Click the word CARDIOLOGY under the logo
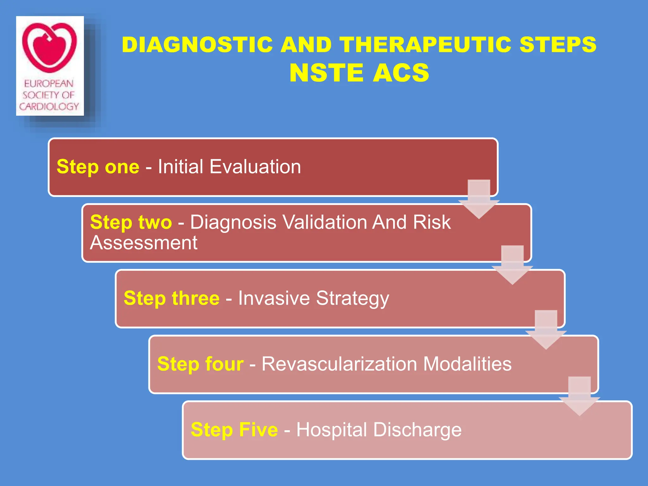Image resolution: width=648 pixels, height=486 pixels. [49, 106]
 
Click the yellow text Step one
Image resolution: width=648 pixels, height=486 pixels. [98, 167]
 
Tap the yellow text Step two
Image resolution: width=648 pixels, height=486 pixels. [131, 222]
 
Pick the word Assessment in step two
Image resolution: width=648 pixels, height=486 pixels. [144, 243]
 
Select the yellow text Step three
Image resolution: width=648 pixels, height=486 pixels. [171, 298]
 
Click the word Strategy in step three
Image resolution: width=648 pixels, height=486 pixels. [352, 299]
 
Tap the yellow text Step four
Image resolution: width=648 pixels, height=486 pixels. [200, 364]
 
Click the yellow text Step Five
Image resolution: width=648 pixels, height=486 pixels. [234, 430]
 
